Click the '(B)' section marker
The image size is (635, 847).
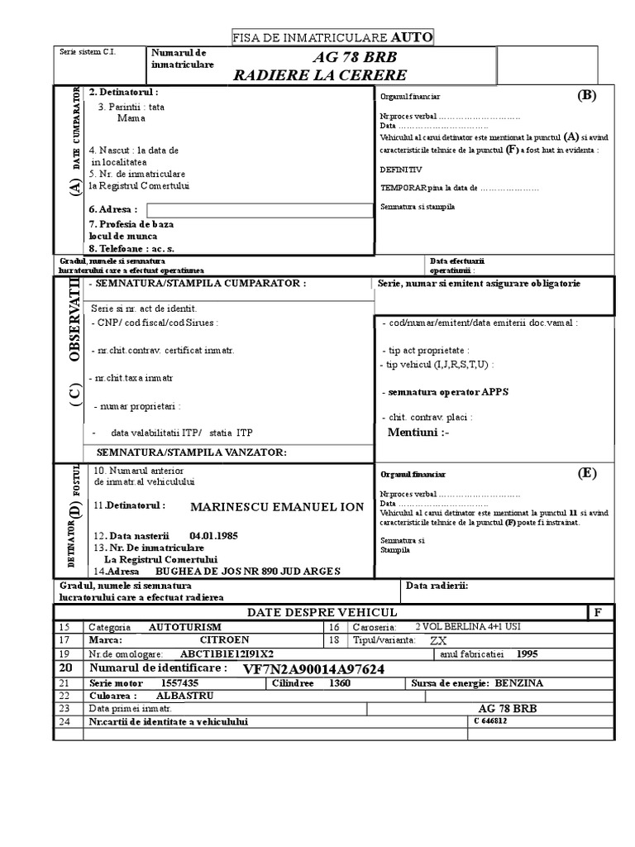click(586, 95)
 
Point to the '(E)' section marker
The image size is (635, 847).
click(586, 473)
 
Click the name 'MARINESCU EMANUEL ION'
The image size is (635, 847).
click(276, 506)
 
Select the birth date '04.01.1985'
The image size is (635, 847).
click(213, 536)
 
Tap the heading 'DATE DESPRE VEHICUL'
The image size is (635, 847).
click(322, 612)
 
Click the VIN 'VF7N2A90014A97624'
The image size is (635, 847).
click(313, 668)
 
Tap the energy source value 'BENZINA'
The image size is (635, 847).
click(525, 684)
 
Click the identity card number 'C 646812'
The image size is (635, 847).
click(490, 720)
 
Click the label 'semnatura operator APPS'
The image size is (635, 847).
click(445, 391)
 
